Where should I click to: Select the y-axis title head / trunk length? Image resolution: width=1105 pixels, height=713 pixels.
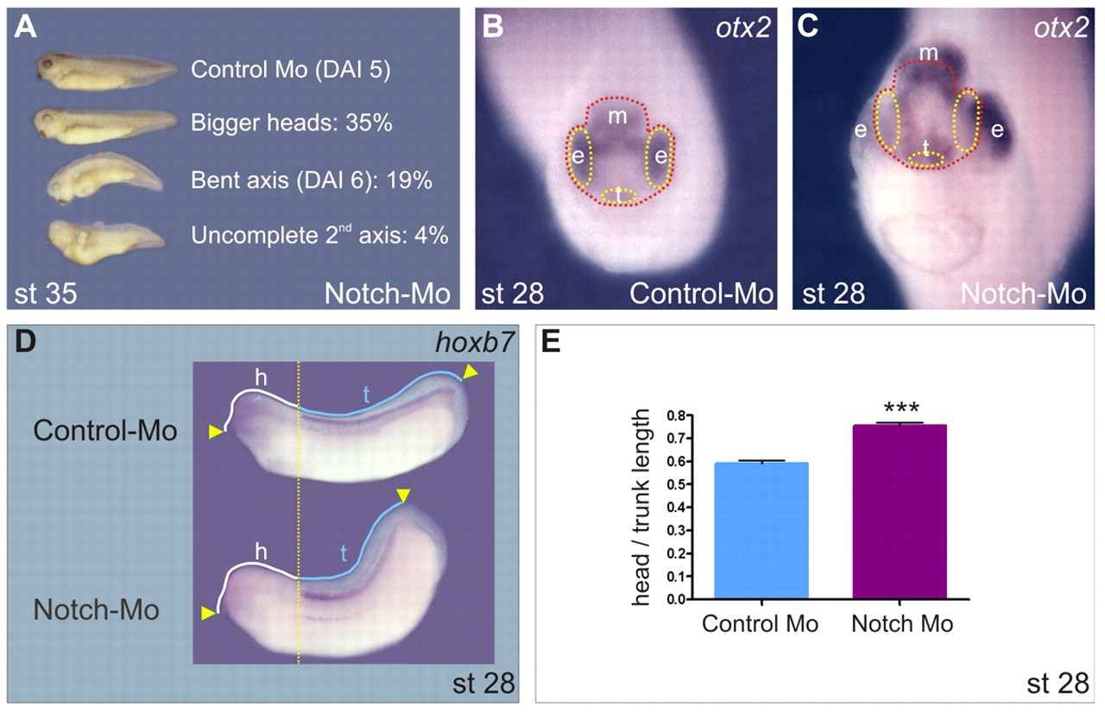point(641,508)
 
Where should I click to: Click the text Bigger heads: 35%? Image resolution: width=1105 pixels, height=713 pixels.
point(292,123)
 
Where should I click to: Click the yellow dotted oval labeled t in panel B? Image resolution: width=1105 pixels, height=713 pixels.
point(621,195)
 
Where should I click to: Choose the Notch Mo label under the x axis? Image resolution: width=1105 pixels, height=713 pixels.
point(902,624)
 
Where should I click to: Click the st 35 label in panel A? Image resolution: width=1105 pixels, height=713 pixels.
point(46,294)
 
